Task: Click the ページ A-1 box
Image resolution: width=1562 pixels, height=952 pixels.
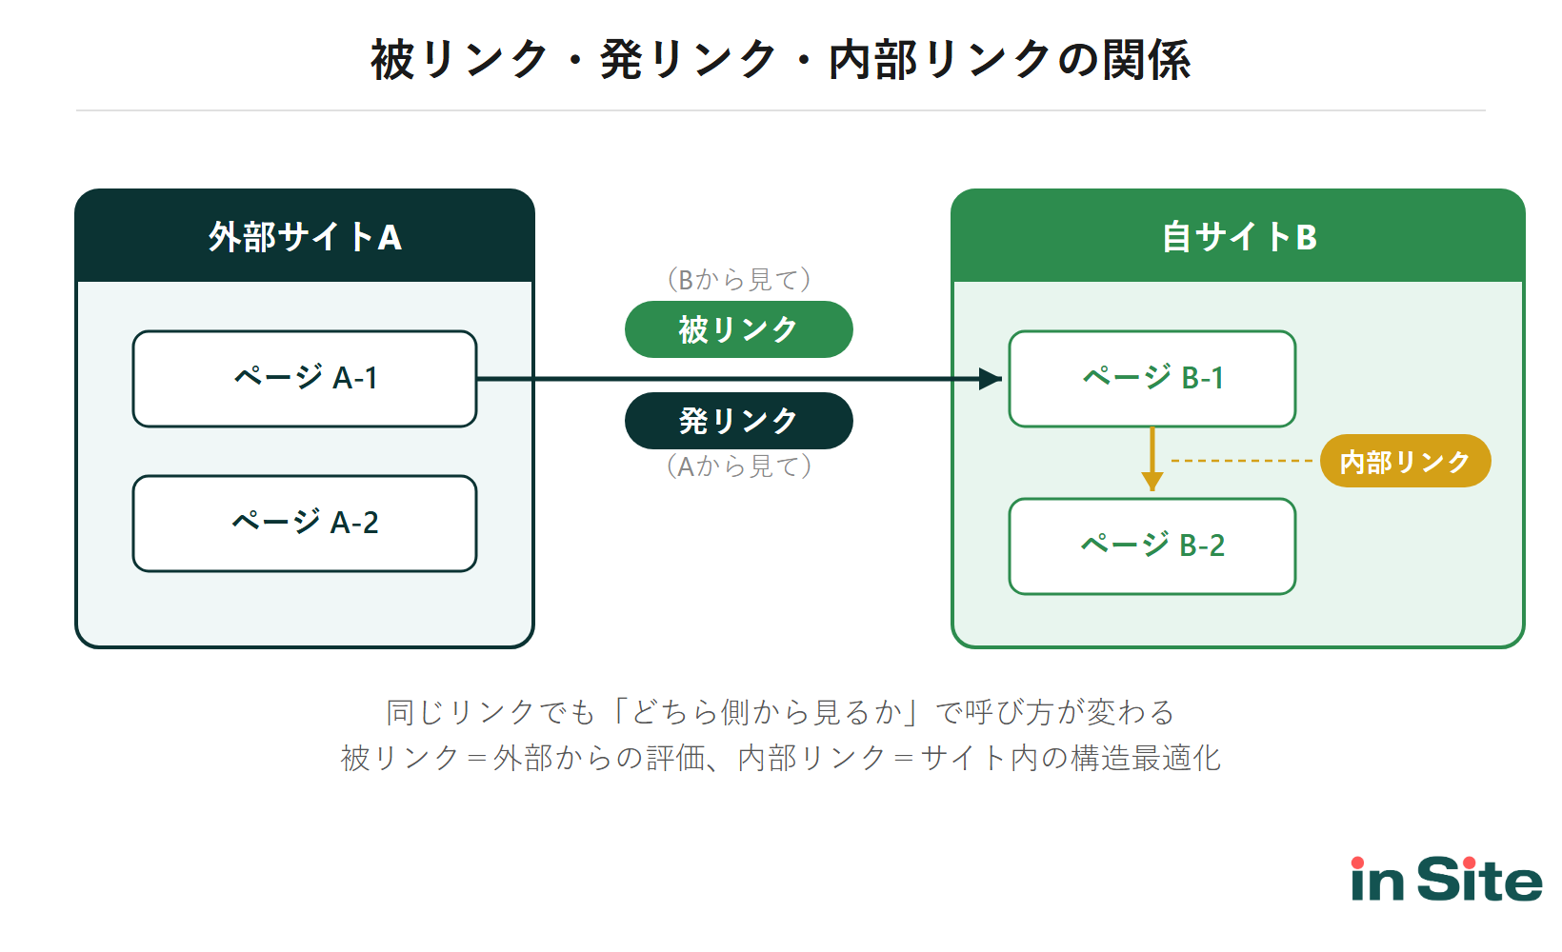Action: coord(305,379)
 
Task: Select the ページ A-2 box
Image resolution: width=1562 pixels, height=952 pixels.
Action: coord(305,524)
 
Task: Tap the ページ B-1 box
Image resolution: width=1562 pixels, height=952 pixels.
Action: coord(1152,379)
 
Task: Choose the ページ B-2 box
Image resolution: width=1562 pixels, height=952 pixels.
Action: coord(1152,546)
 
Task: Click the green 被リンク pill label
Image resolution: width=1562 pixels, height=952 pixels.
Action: coord(738,329)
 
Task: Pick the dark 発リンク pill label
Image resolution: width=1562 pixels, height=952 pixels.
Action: coord(738,421)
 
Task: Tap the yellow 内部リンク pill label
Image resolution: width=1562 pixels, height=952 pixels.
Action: coord(1405,462)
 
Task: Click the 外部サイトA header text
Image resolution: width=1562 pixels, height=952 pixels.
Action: coord(305,237)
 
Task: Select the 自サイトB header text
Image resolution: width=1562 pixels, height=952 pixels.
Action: coord(1238,237)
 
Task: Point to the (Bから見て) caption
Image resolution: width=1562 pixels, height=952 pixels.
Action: coord(738,280)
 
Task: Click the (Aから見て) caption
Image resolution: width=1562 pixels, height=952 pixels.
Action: coord(738,466)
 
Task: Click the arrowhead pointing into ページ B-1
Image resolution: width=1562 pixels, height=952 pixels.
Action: coord(991,379)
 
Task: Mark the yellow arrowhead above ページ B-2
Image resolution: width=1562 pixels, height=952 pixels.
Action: coord(1152,481)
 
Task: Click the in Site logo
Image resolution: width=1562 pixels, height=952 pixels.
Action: coord(1446,881)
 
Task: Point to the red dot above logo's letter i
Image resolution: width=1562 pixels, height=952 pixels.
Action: coord(1358,863)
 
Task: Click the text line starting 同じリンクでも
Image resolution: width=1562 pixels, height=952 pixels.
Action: coord(781,712)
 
